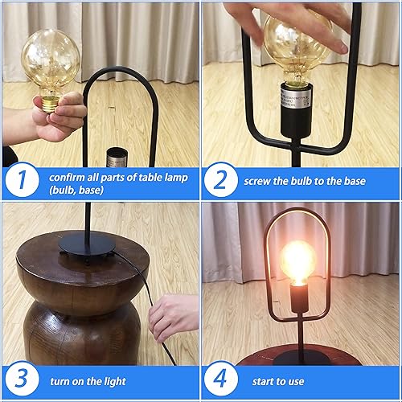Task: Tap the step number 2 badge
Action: pos(221,182)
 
